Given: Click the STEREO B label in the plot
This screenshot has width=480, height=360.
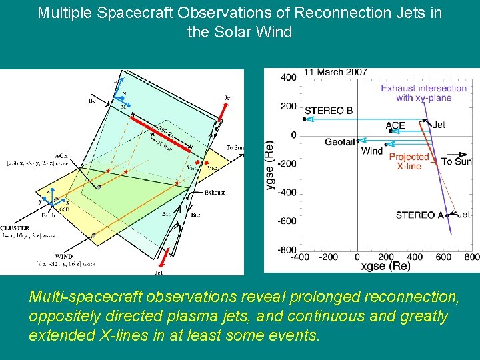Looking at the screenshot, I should tap(329, 111).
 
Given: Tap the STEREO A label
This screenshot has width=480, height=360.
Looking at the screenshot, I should tap(420, 215).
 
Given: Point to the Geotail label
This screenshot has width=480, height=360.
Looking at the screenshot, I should tap(340, 141).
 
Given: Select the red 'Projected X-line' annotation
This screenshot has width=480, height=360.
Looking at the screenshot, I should tap(409, 161).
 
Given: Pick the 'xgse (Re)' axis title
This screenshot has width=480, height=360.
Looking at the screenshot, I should tap(385, 266).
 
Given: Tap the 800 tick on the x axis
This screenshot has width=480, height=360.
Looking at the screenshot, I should tap(471, 257).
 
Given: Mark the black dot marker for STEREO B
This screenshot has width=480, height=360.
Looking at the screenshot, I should tap(305, 119).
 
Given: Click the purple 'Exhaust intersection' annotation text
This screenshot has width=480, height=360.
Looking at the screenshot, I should tap(423, 93).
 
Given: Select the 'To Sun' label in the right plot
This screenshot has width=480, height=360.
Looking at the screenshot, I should tap(456, 161).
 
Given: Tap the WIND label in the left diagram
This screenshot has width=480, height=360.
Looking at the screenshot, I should tap(65, 256).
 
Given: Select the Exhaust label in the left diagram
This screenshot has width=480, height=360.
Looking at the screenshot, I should tap(215, 192).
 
